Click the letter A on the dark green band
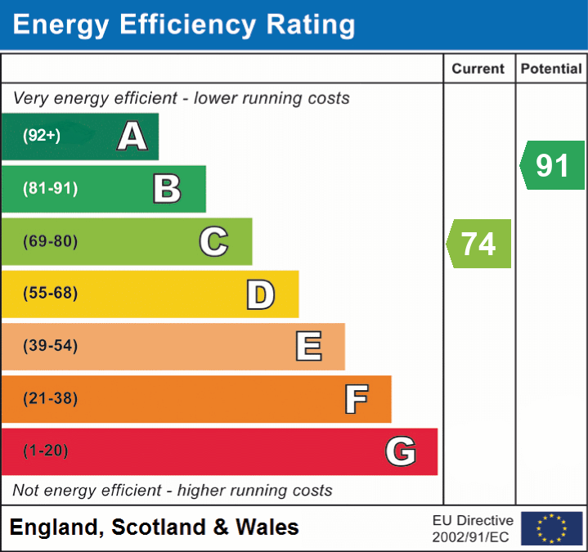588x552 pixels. pyautogui.click(x=132, y=137)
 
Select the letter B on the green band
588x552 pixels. pyautogui.click(x=167, y=189)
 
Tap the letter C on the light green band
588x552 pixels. pyautogui.click(x=213, y=242)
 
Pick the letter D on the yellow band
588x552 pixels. pyautogui.click(x=260, y=294)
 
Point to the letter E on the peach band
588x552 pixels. pyautogui.click(x=308, y=347)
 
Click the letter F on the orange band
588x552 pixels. pyautogui.click(x=356, y=400)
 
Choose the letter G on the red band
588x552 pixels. pyautogui.click(x=401, y=451)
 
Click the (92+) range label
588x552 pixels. pyautogui.click(x=42, y=137)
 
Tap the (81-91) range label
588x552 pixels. pyautogui.click(x=50, y=189)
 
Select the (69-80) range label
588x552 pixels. pyautogui.click(x=50, y=242)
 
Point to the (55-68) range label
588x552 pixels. pyautogui.click(x=50, y=294)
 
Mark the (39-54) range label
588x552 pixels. pyautogui.click(x=50, y=346)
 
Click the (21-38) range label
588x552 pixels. pyautogui.click(x=50, y=399)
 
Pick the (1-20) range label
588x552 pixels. pyautogui.click(x=46, y=451)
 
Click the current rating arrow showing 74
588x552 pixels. pyautogui.click(x=479, y=244)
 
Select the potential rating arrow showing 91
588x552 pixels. pyautogui.click(x=553, y=165)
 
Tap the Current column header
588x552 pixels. pyautogui.click(x=479, y=70)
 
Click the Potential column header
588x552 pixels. pyautogui.click(x=551, y=70)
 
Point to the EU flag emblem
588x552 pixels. pyautogui.click(x=551, y=528)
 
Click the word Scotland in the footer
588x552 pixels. pyautogui.click(x=159, y=527)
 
